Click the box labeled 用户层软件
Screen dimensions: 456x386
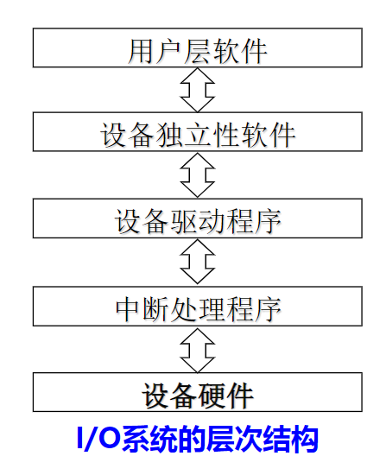198,47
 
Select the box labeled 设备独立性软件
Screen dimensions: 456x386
198,133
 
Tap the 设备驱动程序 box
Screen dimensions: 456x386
198,219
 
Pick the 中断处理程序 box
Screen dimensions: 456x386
198,306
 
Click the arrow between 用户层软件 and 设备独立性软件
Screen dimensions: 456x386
198,90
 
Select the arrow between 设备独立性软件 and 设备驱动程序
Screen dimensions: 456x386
198,176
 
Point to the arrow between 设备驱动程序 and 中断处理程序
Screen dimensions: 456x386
198,263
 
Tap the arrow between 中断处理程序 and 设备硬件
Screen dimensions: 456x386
198,349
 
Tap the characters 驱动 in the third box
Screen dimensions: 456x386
198,221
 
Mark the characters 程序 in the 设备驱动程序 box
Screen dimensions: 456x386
254,221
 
